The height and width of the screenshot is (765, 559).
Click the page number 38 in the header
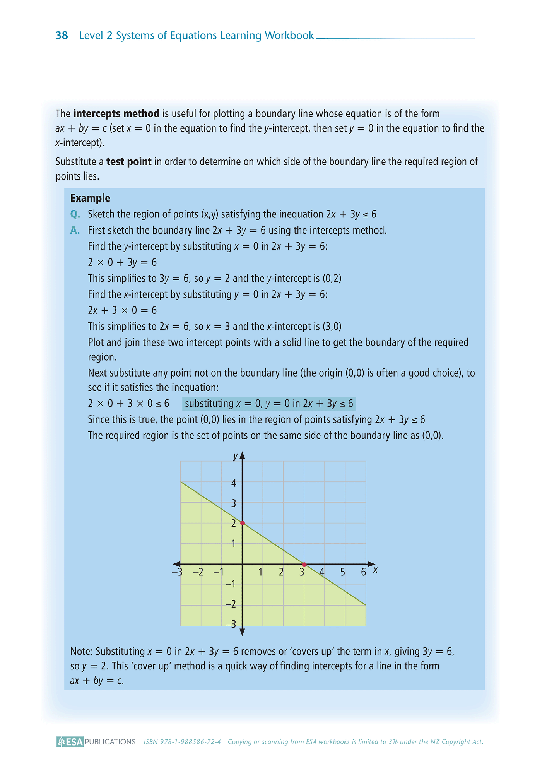[62, 36]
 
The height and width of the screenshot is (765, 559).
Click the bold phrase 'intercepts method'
[116, 114]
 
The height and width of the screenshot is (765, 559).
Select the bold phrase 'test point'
[129, 162]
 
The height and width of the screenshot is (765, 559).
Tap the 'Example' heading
[90, 198]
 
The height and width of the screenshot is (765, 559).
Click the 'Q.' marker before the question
[75, 214]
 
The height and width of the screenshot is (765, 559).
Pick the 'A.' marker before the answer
[75, 231]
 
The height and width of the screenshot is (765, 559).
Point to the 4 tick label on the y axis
[234, 483]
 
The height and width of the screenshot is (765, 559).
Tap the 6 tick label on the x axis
[363, 572]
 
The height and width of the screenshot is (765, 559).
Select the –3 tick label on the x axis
[177, 572]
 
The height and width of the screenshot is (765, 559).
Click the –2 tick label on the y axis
[231, 604]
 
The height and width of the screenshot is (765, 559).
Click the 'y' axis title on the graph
[235, 456]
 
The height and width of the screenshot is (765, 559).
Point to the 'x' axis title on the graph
[375, 570]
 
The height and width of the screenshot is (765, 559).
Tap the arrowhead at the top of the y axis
[243, 455]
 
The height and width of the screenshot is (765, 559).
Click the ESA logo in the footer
[70, 742]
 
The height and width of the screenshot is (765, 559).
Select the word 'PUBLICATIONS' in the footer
[110, 742]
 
